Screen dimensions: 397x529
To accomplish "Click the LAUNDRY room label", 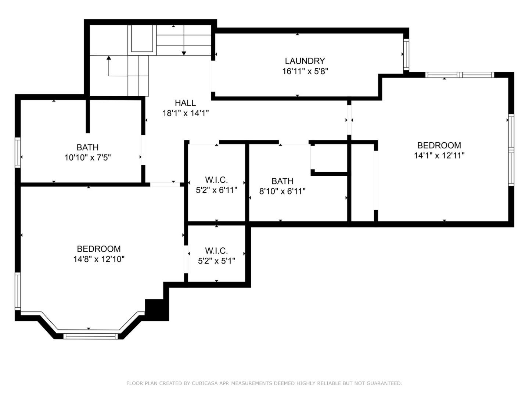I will pos(305,61).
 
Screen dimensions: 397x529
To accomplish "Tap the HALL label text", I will pos(185,103).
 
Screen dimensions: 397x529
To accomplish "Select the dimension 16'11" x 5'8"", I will pos(305,71).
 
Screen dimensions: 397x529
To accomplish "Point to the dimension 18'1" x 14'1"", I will pos(185,113).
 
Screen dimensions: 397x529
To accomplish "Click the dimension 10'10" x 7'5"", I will pos(87,158).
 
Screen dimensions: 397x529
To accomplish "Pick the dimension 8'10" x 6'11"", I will pos(282,191).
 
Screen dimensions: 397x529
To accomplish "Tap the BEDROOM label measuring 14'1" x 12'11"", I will pos(439,145).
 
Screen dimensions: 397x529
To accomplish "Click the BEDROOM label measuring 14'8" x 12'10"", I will pos(98,249).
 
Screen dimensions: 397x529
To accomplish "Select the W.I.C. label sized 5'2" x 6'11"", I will pos(216,180).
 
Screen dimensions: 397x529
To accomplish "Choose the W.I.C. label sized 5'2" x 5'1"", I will pos(216,251).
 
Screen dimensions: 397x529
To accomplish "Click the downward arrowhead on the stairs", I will pos(184,53).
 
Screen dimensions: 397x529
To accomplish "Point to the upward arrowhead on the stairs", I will pos(109,58).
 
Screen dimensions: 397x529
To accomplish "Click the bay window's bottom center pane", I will pos(91,336).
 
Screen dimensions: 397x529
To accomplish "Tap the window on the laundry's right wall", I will pos(406,54).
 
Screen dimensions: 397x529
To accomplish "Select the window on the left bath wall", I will pos(17,152).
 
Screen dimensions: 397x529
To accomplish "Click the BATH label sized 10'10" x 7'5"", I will pos(87,147).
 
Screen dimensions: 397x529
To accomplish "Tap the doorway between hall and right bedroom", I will pos(349,120).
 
